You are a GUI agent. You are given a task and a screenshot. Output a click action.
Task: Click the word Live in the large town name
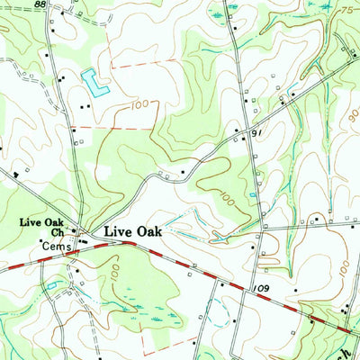pyautogui.click(x=117, y=231)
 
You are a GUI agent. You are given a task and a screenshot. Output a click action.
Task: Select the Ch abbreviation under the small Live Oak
pyautogui.click(x=56, y=231)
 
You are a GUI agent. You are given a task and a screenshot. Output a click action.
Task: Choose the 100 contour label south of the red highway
pyautogui.click(x=114, y=268)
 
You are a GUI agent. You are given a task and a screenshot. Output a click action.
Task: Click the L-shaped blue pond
pyautogui.click(x=93, y=82)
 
